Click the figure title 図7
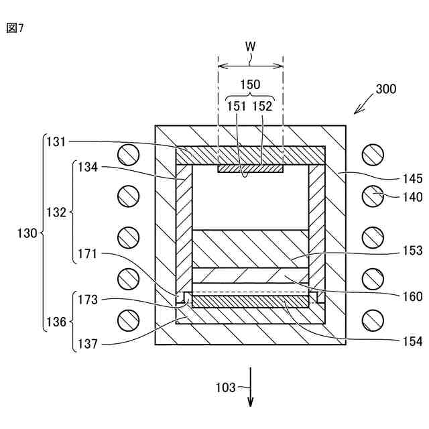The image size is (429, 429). click(x=14, y=27)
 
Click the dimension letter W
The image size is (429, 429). click(x=250, y=46)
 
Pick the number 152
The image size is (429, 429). click(x=263, y=105)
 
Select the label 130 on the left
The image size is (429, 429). click(x=27, y=234)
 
